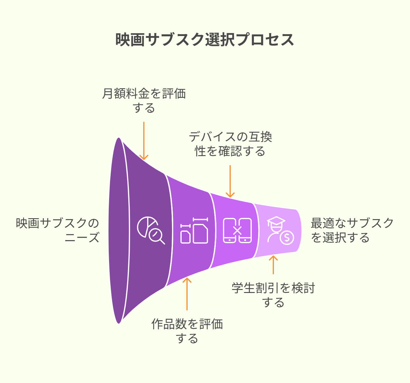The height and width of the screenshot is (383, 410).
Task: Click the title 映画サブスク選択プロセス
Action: [x=205, y=39]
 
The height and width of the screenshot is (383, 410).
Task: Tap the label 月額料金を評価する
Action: [x=144, y=101]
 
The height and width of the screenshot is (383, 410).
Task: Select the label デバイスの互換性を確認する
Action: [x=230, y=144]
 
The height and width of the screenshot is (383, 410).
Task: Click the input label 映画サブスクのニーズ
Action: [x=58, y=230]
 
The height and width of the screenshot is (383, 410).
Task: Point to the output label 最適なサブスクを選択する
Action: [x=352, y=230]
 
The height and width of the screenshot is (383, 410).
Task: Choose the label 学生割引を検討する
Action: [x=273, y=295]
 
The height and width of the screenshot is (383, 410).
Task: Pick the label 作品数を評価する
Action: [x=187, y=331]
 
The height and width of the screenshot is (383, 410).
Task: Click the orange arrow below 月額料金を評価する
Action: [x=144, y=141]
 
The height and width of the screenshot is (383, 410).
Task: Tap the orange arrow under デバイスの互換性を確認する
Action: [x=230, y=181]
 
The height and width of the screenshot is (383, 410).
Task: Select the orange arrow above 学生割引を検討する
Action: [x=273, y=265]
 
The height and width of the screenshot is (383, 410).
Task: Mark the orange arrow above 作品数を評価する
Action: [x=187, y=294]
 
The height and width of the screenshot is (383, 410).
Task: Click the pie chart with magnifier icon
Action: [x=151, y=230]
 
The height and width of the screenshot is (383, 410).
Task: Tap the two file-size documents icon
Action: [x=194, y=231]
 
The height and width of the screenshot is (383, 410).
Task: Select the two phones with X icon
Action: [x=237, y=231]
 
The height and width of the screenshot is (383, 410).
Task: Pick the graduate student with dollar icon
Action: [x=280, y=231]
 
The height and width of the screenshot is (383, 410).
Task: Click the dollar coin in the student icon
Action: [x=287, y=238]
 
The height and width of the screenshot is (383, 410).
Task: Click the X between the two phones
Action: [x=237, y=231]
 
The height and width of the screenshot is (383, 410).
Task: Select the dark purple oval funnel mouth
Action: [x=119, y=231]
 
